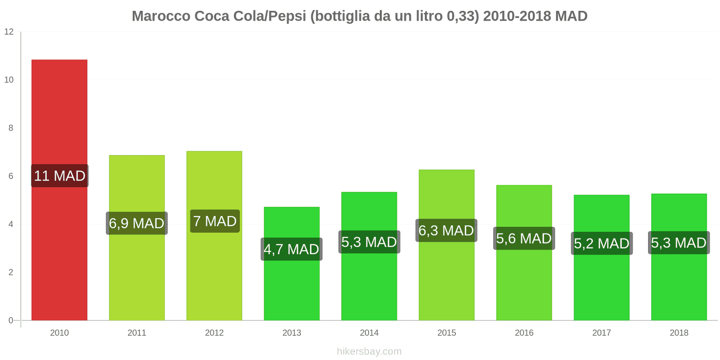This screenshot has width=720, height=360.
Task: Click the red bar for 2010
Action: click(x=59, y=112)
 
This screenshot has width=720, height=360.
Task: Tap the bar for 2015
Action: click(x=446, y=279)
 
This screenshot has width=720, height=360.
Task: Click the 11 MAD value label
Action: click(x=60, y=176)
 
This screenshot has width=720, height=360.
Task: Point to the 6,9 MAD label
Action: click(x=137, y=224)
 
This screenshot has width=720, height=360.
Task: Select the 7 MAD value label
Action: click(x=215, y=221)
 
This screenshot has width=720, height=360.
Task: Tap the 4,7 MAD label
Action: click(x=292, y=249)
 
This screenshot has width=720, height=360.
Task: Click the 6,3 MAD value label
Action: click(x=446, y=231)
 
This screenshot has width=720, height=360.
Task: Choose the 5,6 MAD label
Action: click(x=524, y=238)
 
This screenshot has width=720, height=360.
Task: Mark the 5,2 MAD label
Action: click(x=602, y=244)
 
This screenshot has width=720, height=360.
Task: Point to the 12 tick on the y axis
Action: click(x=9, y=32)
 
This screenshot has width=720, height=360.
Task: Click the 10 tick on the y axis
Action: click(x=9, y=80)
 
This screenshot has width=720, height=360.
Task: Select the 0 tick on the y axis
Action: click(x=11, y=320)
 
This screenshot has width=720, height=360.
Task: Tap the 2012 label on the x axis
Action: click(x=214, y=333)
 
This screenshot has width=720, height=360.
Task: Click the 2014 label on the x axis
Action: click(x=369, y=333)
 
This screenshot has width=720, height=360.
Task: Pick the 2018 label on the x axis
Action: click(x=679, y=333)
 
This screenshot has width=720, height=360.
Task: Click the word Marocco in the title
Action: click(x=161, y=16)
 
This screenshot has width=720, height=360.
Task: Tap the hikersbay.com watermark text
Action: click(x=369, y=351)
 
